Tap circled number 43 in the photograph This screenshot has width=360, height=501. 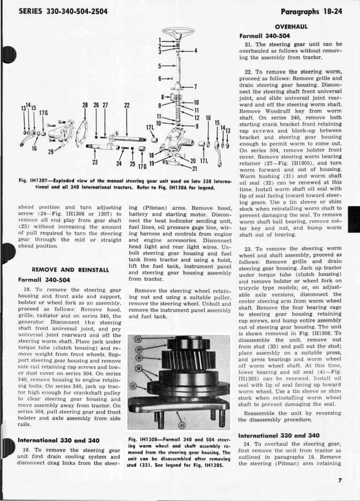pos(181,425)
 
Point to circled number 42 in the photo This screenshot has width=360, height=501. pos(134,386)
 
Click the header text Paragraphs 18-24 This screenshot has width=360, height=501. pos(311,11)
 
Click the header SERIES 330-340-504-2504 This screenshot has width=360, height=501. pos(63,11)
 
